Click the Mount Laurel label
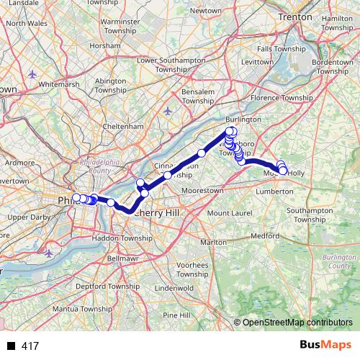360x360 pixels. (x=229, y=213)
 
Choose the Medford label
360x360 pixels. (x=265, y=235)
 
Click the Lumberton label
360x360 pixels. (x=276, y=192)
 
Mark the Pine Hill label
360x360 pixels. (x=176, y=315)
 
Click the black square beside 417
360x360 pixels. (x=12, y=346)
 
